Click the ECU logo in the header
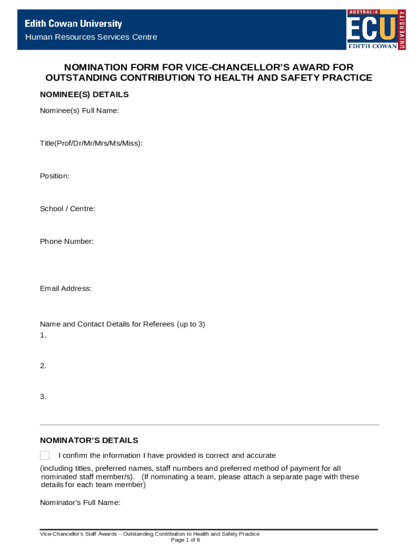(376, 29)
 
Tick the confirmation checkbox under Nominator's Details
(45, 455)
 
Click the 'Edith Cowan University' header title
(73, 24)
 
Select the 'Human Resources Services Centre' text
(91, 37)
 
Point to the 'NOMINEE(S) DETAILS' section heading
(84, 94)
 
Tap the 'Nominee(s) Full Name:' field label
(79, 111)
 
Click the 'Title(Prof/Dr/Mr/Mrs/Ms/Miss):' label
(91, 143)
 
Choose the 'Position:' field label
(54, 176)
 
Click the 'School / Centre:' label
(67, 208)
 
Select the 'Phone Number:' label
(67, 241)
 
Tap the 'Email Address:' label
(66, 288)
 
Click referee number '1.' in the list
(43, 335)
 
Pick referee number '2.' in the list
(43, 366)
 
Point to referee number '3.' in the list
(43, 396)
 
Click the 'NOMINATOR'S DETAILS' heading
(89, 440)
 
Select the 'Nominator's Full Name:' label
(80, 502)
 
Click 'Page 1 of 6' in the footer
(185, 540)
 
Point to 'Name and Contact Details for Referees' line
(122, 324)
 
